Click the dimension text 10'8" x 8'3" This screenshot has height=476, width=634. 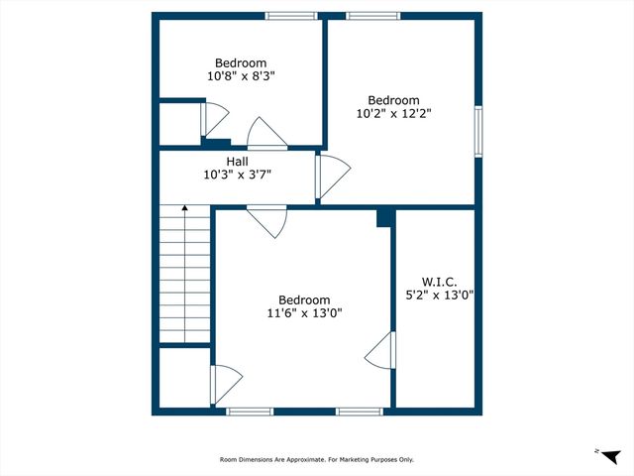pyautogui.click(x=240, y=75)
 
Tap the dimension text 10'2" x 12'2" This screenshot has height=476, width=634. pyautogui.click(x=393, y=113)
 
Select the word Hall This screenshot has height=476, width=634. pyautogui.click(x=237, y=161)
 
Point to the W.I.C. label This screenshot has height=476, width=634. pyautogui.click(x=440, y=280)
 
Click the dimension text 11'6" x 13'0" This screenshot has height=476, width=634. pyautogui.click(x=304, y=314)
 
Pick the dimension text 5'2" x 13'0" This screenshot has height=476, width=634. pyautogui.click(x=440, y=294)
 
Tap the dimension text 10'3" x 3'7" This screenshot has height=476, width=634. pyautogui.click(x=237, y=175)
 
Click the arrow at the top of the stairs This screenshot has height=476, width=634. pyautogui.click(x=184, y=209)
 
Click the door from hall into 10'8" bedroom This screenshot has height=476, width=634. pyautogui.click(x=265, y=134)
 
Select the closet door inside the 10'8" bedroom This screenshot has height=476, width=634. pyautogui.click(x=209, y=120)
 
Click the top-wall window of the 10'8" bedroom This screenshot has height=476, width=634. pyautogui.click(x=291, y=16)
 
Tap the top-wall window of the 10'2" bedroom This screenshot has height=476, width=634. pyautogui.click(x=373, y=16)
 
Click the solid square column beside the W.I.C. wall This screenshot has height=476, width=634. pyautogui.click(x=385, y=218)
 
